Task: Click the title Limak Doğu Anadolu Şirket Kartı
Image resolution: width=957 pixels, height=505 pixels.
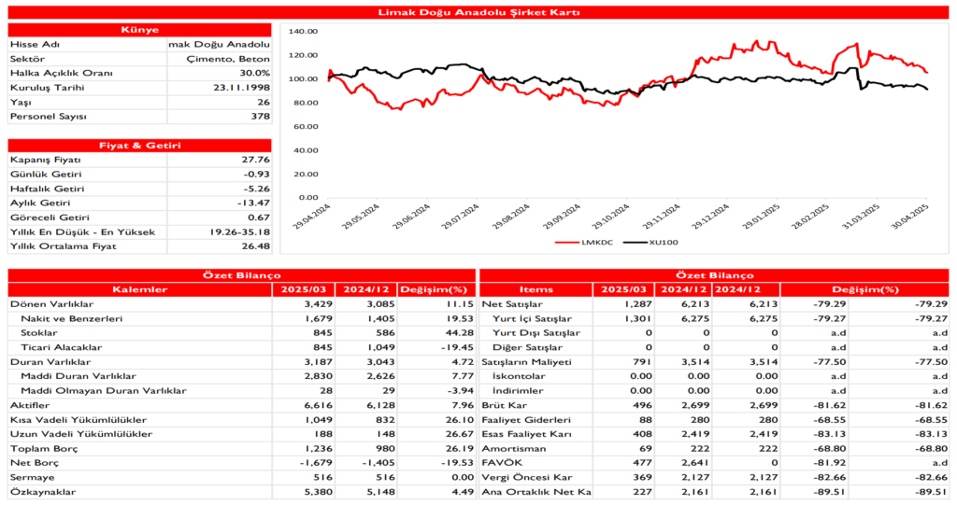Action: pos(478,12)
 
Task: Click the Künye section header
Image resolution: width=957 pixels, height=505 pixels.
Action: pos(139,30)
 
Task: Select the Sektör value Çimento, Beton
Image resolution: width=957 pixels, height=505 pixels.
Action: pos(229,59)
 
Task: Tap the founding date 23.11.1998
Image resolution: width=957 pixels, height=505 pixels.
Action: pos(242,88)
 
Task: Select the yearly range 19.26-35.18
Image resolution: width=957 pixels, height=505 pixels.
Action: pos(240,231)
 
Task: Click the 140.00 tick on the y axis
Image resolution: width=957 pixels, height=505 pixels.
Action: pos(305,31)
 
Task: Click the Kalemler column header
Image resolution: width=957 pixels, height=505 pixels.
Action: pos(139,289)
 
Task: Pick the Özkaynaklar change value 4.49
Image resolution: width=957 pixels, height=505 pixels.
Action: pos(438,492)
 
